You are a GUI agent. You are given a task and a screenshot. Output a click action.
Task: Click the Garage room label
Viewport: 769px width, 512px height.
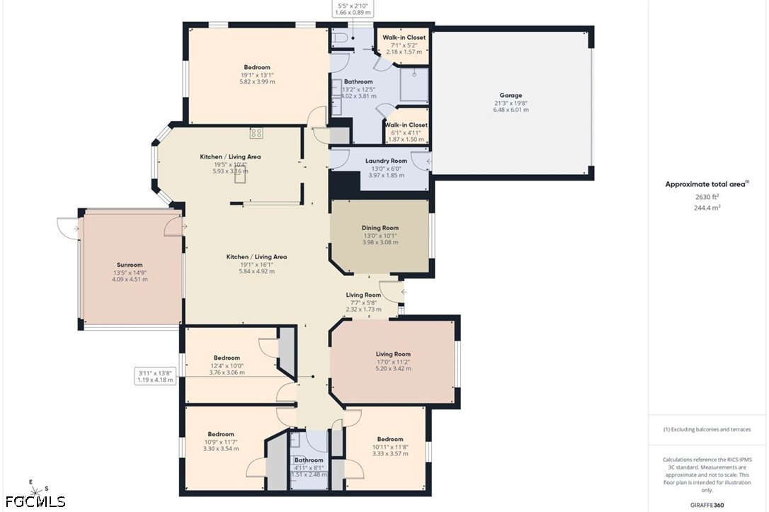(511, 95)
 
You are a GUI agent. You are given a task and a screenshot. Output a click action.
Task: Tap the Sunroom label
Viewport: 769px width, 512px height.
(130, 265)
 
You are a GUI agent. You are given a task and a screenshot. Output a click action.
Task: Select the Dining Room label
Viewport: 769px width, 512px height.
(380, 227)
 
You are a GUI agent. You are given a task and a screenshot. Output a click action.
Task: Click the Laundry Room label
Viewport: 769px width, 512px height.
(386, 161)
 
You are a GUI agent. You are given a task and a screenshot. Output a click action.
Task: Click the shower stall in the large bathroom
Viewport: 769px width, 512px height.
(414, 85)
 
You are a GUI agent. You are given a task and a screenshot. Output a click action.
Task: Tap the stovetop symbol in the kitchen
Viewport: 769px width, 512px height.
(256, 133)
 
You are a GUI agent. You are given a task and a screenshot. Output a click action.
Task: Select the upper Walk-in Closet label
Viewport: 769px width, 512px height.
(404, 38)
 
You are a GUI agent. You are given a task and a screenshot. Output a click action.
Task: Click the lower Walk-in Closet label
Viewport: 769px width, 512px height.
(406, 125)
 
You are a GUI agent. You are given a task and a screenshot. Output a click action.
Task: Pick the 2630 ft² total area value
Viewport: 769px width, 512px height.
(707, 197)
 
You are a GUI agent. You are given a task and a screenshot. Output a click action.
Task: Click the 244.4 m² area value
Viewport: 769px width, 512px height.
(707, 207)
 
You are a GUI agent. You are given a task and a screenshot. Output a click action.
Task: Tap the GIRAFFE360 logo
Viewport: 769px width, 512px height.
(707, 505)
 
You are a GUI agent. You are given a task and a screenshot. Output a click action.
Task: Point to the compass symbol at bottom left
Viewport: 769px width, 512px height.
(33, 490)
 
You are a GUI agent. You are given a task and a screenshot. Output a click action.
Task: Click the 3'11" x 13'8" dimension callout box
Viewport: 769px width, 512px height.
(155, 376)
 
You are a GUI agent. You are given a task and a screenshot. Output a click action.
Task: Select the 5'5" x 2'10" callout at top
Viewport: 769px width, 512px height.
(353, 8)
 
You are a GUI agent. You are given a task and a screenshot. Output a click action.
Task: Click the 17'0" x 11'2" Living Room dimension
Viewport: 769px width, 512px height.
(393, 361)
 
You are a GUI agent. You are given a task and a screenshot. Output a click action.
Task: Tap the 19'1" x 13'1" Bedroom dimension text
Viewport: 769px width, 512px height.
(257, 75)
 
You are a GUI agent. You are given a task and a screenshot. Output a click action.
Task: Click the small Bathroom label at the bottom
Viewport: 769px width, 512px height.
(309, 460)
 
